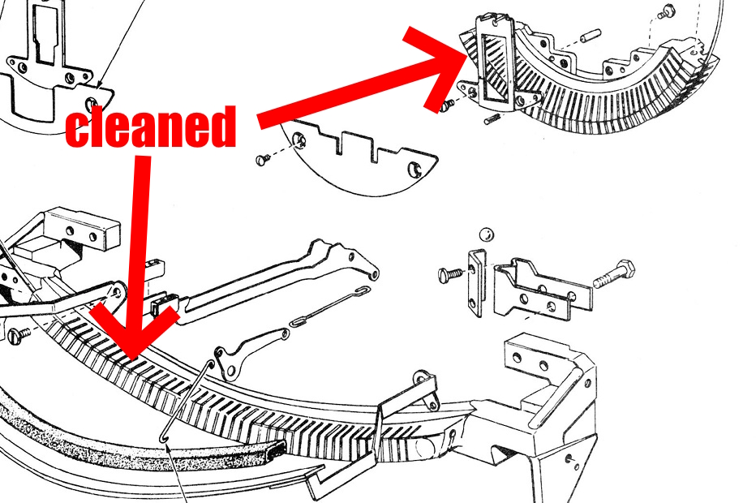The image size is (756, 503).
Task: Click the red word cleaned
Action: pyautogui.click(x=150, y=128)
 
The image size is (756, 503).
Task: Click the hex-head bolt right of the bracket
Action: pyautogui.click(x=613, y=275)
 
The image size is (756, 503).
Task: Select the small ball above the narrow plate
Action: pyautogui.click(x=486, y=234)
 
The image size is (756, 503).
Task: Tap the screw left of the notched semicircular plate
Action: pyautogui.click(x=262, y=160)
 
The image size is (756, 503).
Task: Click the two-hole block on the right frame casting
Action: pyautogui.click(x=527, y=354)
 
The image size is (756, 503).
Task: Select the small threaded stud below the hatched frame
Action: pyautogui.click(x=492, y=119)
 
